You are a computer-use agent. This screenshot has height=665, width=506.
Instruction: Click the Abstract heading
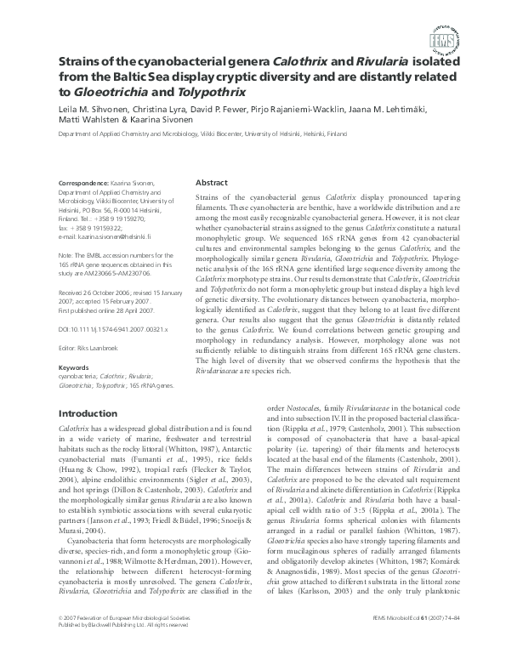coord(212,183)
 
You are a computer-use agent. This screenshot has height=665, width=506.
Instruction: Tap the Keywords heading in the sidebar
coord(72,367)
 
